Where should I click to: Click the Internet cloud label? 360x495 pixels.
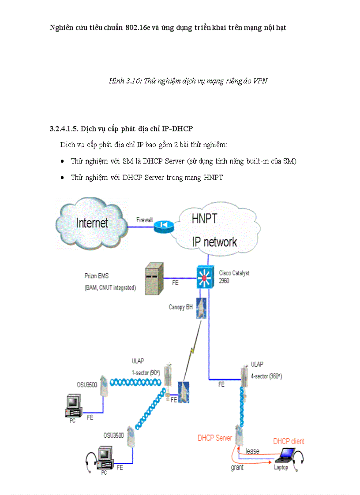tap(92, 223)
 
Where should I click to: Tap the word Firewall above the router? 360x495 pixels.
tap(144, 219)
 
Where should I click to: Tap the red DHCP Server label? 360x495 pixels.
tap(215, 438)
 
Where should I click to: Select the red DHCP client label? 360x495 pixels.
tap(289, 441)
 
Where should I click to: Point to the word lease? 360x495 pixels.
tap(252, 451)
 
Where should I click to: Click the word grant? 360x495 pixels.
tap(237, 468)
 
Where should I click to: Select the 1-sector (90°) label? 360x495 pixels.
tap(146, 372)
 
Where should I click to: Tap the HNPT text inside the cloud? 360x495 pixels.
tap(204, 218)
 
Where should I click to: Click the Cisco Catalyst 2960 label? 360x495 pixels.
tap(234, 277)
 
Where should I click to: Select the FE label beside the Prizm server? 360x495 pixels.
tap(175, 283)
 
